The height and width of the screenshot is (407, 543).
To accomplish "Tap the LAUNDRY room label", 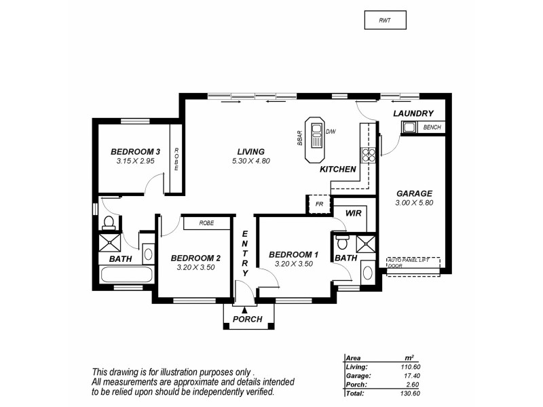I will [413, 113].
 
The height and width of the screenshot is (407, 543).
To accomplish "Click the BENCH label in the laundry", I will [432, 127].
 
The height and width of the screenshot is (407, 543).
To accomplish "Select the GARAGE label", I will [414, 193].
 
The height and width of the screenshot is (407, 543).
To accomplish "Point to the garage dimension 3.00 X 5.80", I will [414, 202].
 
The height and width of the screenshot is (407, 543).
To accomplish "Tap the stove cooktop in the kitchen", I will [370, 155].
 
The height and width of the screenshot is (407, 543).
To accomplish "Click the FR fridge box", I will [318, 203].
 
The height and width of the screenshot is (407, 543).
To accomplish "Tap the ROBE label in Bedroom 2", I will [208, 222].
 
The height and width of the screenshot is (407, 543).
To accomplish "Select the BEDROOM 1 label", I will [293, 254].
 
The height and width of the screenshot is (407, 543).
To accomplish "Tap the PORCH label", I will [247, 319].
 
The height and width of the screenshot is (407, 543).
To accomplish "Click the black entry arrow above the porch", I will [244, 310].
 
